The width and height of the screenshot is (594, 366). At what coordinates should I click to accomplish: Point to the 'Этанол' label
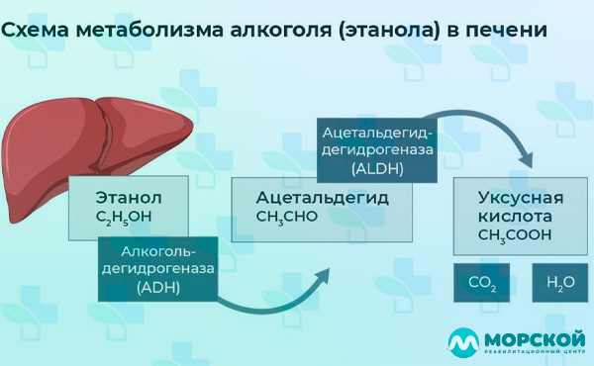129,198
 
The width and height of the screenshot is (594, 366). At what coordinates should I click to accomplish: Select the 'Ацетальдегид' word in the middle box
322,198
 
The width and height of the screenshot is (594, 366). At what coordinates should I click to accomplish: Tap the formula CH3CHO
287,217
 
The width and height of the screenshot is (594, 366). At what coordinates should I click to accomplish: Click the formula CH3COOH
515,235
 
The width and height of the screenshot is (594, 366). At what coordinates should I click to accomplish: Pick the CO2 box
482,283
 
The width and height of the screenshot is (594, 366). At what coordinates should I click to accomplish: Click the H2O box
560,283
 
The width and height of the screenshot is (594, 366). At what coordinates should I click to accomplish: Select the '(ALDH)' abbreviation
377,168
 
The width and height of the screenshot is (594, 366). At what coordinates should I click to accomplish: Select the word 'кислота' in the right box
515,216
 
